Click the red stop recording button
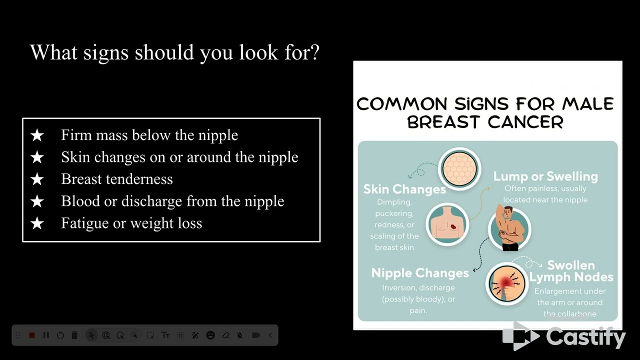[x=32, y=335]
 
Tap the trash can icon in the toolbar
[x=74, y=335]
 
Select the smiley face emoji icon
[x=210, y=335]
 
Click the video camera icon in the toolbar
[x=256, y=335]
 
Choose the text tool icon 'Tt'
[x=165, y=335]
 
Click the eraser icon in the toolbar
[x=225, y=335]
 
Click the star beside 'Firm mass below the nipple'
[x=37, y=135]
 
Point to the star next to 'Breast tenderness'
[x=37, y=179]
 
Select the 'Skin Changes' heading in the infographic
[x=404, y=189]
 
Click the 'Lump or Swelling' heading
[x=545, y=176]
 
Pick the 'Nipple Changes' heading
[x=420, y=273]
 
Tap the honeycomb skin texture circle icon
[x=459, y=168]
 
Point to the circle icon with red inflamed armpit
[x=506, y=283]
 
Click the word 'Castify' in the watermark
[x=585, y=336]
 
